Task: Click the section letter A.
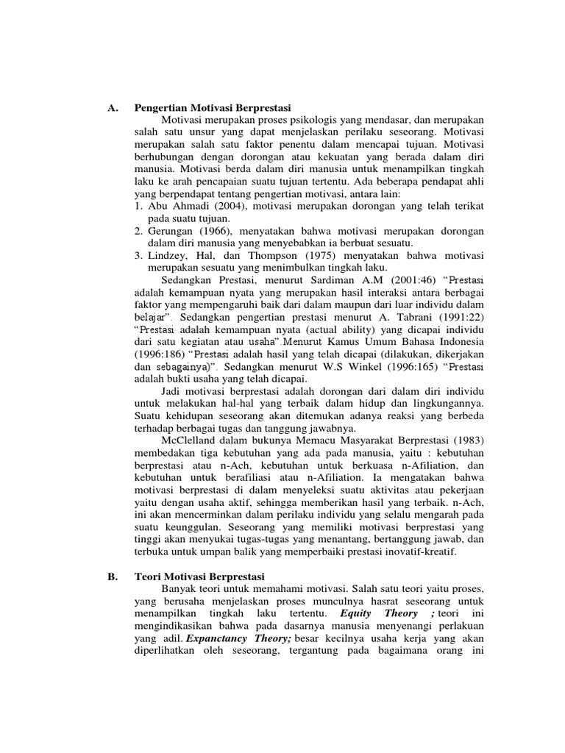tap(112, 108)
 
